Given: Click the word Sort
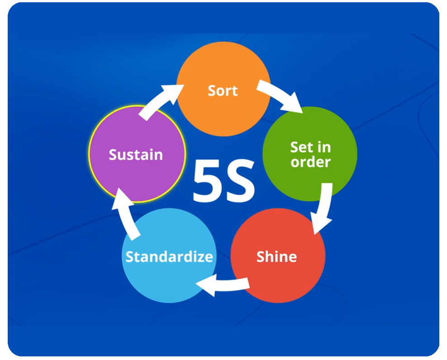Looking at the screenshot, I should [223, 91].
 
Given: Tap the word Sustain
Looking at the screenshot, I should [136, 154].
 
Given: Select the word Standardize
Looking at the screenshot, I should [169, 257].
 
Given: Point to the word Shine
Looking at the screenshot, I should [276, 257].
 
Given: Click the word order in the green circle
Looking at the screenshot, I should [311, 162].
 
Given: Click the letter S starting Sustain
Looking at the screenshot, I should [113, 154].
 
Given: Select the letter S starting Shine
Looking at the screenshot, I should [261, 257].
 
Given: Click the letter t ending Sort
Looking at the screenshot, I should [235, 91].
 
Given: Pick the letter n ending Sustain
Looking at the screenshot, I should [158, 155].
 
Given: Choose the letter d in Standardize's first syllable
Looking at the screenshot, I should [157, 257].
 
